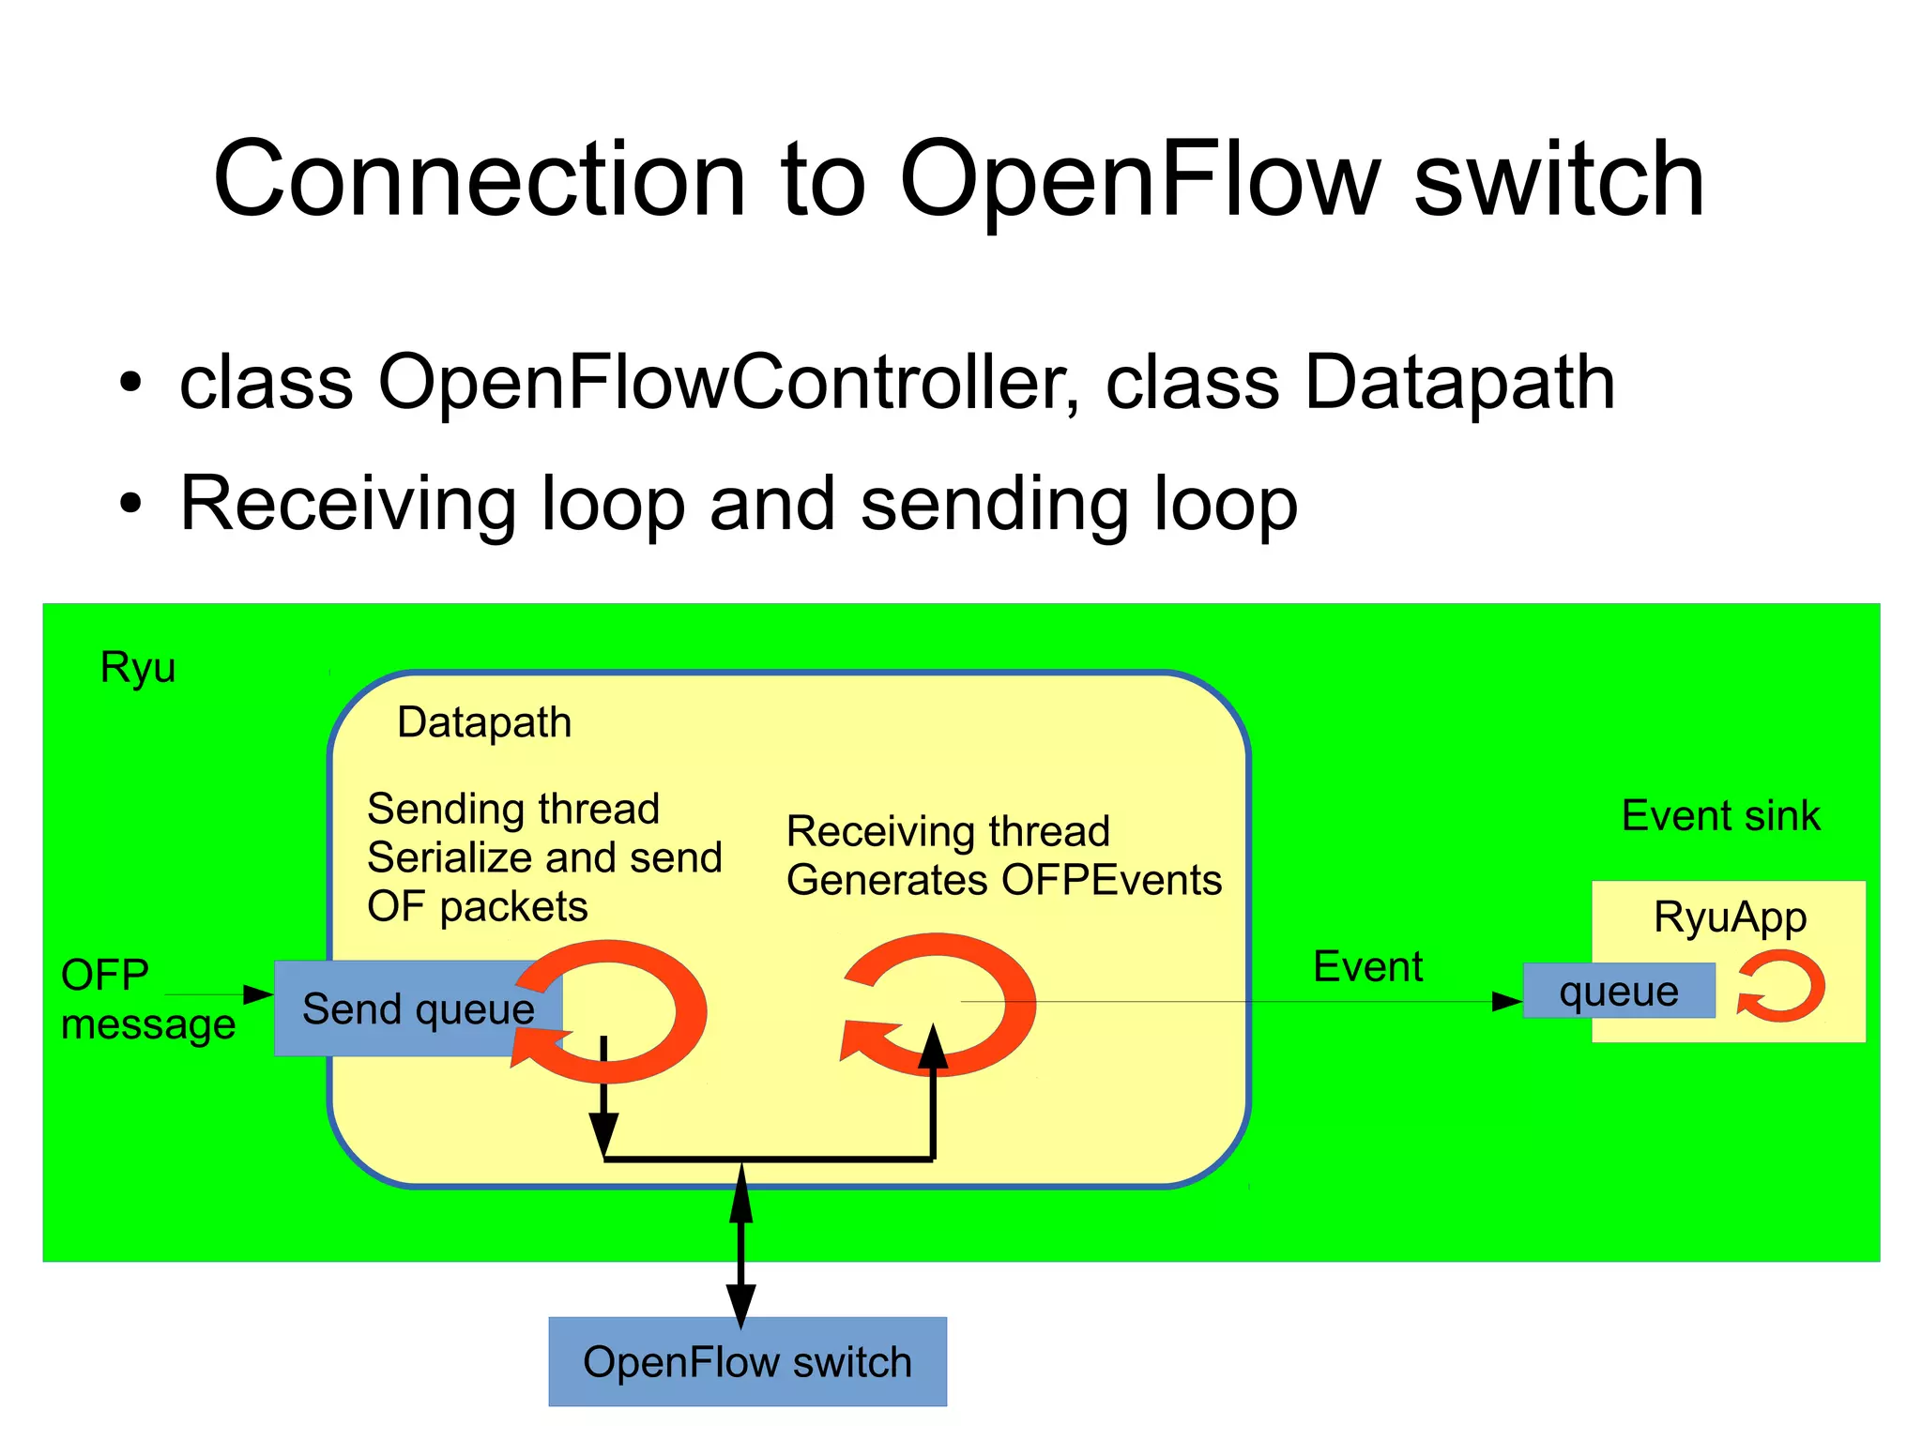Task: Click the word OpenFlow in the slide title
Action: (x=1138, y=180)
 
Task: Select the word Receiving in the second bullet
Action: (x=348, y=505)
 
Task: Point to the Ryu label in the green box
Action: (x=138, y=667)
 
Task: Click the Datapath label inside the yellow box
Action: (x=484, y=722)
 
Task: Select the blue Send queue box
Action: (x=394, y=1009)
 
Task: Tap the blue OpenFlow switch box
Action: (x=747, y=1361)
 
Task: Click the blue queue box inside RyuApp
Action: (x=1618, y=991)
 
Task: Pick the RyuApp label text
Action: (x=1730, y=917)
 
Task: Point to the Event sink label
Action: (x=1720, y=815)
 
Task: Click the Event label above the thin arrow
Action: (x=1367, y=966)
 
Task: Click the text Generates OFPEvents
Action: (x=1003, y=880)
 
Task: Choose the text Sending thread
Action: (x=513, y=809)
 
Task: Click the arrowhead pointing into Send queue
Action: (x=258, y=994)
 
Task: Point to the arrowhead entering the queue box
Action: (x=1507, y=1002)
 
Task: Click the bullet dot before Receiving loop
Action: (x=130, y=505)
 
